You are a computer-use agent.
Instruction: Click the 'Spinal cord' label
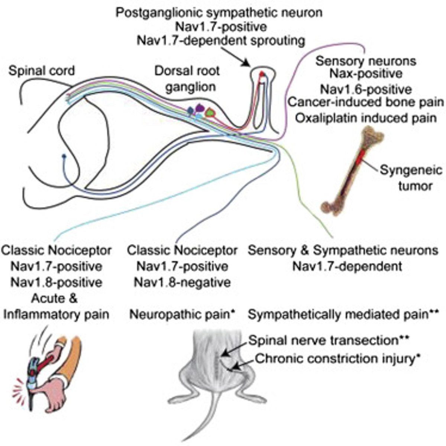(42, 70)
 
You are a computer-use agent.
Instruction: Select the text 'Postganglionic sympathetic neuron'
(219, 13)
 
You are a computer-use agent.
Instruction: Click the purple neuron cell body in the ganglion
(200, 108)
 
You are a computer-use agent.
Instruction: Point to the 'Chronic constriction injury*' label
(338, 359)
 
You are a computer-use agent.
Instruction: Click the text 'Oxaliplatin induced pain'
(366, 118)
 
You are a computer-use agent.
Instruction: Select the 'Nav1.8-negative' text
(182, 282)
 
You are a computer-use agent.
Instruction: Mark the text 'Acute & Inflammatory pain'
(56, 306)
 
